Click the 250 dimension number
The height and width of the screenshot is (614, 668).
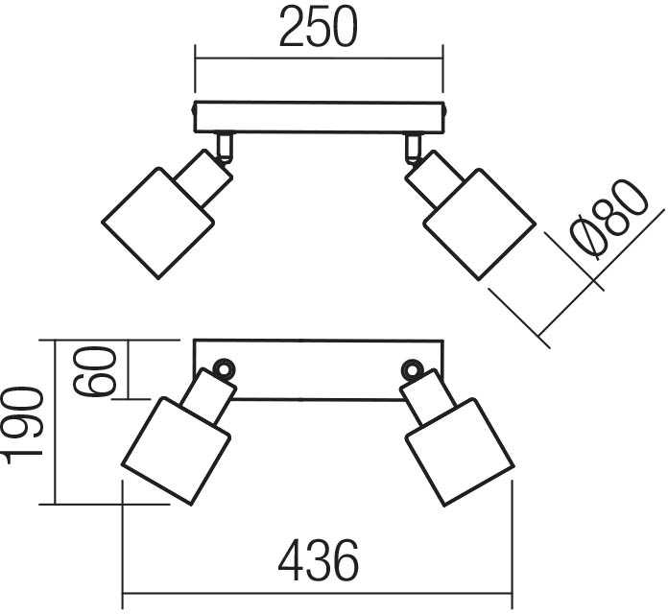[319, 27]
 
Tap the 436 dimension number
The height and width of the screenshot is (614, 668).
[319, 560]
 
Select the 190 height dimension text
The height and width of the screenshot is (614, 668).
[23, 426]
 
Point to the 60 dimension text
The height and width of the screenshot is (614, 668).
[94, 371]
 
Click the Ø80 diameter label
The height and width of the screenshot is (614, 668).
[609, 218]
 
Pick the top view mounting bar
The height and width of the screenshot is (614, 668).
[319, 117]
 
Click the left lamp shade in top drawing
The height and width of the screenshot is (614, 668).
[158, 224]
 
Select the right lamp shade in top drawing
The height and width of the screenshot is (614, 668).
[479, 224]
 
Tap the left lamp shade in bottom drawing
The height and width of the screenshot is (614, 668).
[176, 451]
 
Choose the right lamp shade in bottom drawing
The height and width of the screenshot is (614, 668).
[460, 452]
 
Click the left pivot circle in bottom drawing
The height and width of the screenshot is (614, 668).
[224, 368]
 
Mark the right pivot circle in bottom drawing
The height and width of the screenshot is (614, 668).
[412, 369]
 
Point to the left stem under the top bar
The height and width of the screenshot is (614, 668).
[225, 147]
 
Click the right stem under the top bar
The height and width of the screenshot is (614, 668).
[413, 148]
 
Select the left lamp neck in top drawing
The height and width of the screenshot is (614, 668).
[203, 178]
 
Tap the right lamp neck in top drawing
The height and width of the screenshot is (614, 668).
[434, 179]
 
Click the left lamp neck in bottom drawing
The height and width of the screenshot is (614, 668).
[208, 396]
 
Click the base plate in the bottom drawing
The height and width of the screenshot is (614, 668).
[319, 369]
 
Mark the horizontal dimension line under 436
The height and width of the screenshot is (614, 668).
[318, 593]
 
